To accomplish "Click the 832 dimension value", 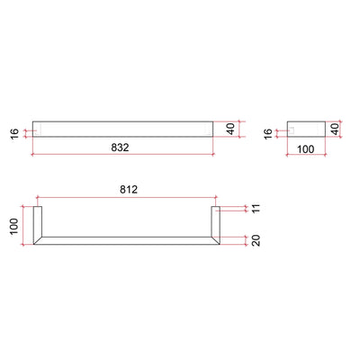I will [x=124, y=144].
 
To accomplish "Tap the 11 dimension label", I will [x=255, y=209].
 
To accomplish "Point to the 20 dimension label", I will [x=255, y=240].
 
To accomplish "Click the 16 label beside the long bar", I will [x=15, y=133].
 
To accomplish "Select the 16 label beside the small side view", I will [x=267, y=133].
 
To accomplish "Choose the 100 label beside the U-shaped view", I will [x=15, y=225].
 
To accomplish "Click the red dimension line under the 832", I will [x=124, y=155].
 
